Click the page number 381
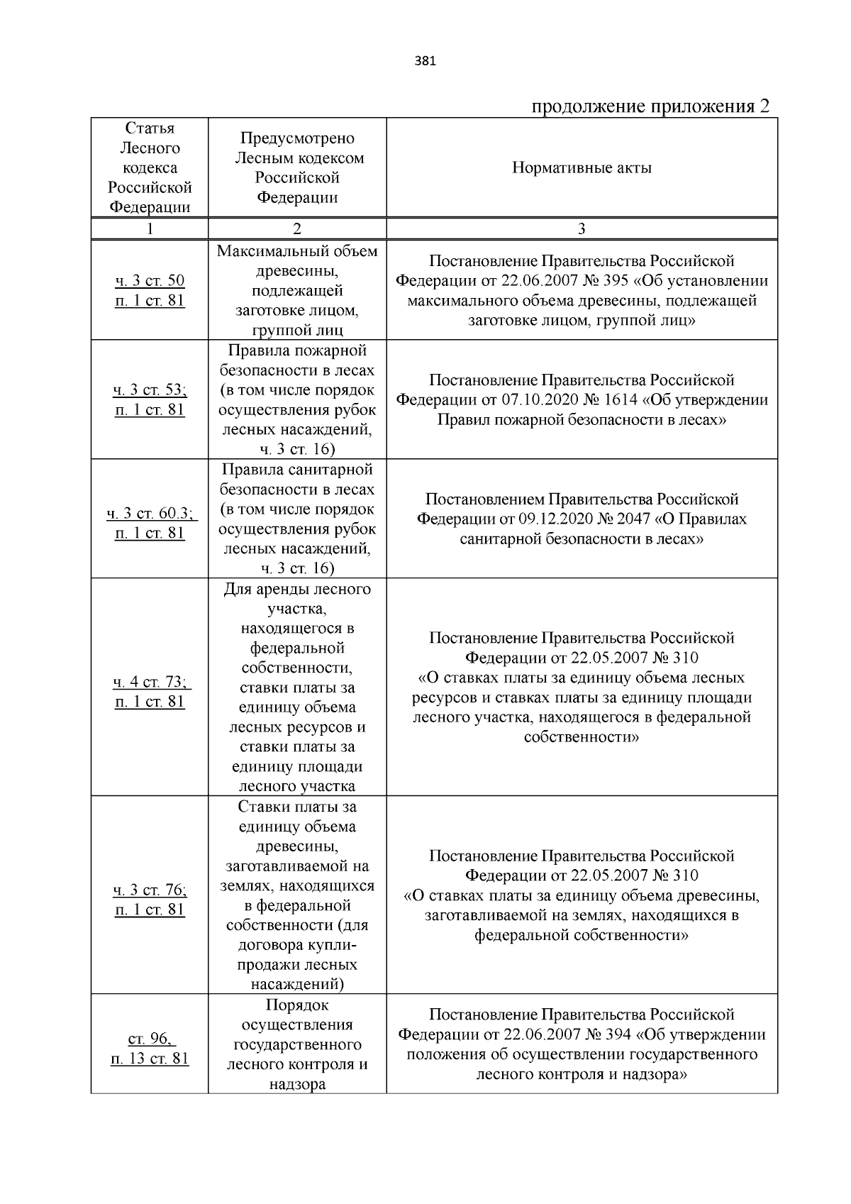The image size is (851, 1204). [425, 61]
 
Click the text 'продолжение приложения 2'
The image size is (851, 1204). [650, 106]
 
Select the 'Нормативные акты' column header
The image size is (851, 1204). [582, 168]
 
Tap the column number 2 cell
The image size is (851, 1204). [297, 228]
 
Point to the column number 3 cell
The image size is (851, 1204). [582, 228]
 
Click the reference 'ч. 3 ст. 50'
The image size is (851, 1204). [150, 281]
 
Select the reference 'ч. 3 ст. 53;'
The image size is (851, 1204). [150, 390]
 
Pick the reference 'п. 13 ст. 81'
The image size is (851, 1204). [150, 1059]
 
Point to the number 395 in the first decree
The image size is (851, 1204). [615, 281]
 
